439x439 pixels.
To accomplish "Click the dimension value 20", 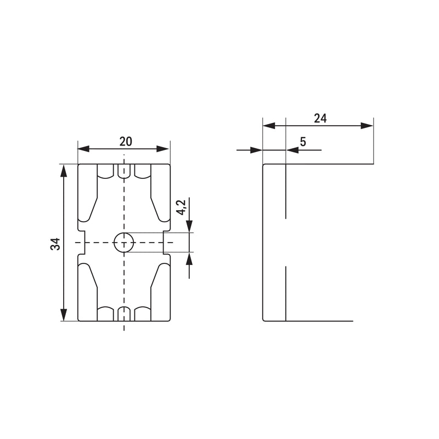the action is [126, 142].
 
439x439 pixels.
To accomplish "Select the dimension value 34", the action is [55, 244].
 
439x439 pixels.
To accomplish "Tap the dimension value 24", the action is [320, 119].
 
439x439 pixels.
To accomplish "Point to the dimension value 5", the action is [303, 142].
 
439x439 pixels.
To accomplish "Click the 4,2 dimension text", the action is [182, 207].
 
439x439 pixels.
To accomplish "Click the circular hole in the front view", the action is [124, 243].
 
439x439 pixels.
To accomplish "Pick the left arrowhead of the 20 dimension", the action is [83, 149].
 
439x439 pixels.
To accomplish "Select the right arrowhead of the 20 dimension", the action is [164, 149].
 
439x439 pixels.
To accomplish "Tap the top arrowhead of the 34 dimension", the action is [64, 171].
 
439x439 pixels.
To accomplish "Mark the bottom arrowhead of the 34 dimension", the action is [64, 314].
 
